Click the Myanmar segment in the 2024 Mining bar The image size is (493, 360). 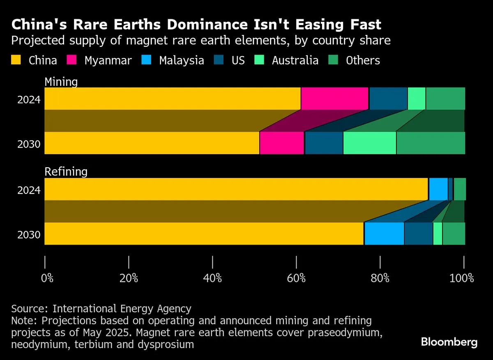[x=334, y=99]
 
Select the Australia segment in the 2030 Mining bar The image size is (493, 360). [x=369, y=143]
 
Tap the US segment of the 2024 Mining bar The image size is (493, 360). [x=388, y=99]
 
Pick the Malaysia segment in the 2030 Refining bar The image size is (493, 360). [x=384, y=233]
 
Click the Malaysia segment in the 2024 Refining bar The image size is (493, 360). [x=438, y=189]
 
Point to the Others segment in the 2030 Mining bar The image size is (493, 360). [x=431, y=143]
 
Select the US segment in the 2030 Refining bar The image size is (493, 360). [x=418, y=233]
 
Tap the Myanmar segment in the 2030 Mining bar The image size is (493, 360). [x=282, y=143]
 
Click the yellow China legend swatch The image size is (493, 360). [x=16, y=60]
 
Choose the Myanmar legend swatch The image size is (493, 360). [x=72, y=60]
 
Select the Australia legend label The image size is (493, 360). [x=295, y=60]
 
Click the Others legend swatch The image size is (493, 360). [x=334, y=60]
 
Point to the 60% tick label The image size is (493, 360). [x=296, y=278]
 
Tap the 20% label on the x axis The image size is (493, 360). [x=129, y=278]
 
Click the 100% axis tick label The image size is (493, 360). [x=462, y=278]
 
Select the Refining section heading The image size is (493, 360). [x=66, y=172]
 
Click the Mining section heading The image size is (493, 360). [x=61, y=82]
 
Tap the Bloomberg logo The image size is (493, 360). [x=449, y=342]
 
